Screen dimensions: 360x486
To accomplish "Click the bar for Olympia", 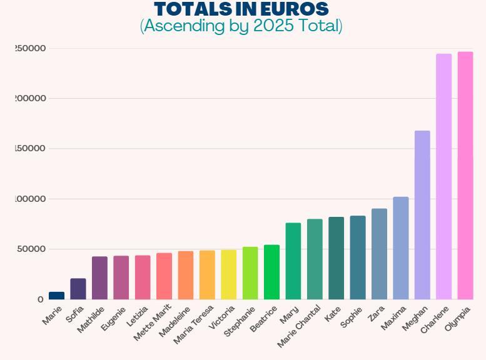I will coord(465,176).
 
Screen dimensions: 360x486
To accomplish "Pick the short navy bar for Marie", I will coord(56,296).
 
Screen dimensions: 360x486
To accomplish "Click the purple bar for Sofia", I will coord(78,289).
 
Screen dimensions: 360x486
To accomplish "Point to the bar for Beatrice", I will coord(271,272).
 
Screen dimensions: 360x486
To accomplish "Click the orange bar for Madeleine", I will coord(186,275).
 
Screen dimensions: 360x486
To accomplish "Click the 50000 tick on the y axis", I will coord(30,249).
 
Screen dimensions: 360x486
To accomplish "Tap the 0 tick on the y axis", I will coord(41,300).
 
